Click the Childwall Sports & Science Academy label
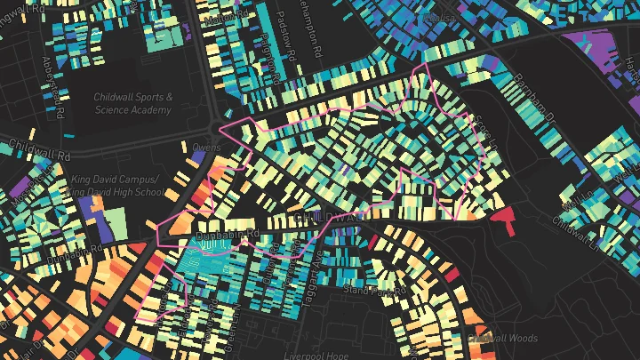click(133, 102)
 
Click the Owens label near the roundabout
click(206, 147)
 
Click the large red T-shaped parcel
click(505, 216)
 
